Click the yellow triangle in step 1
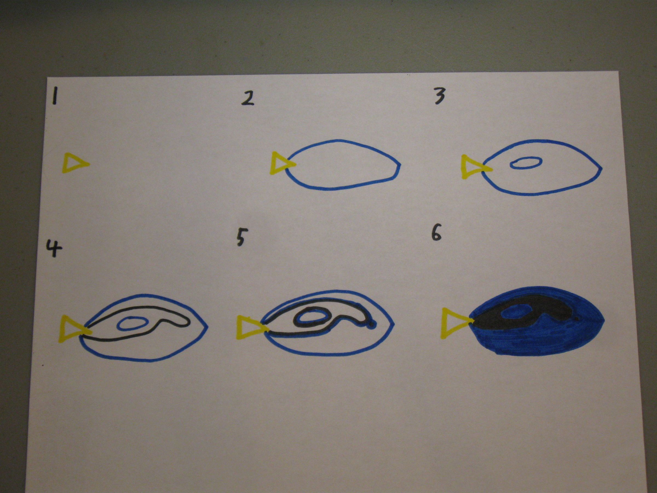click(73, 163)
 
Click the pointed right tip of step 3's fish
click(601, 168)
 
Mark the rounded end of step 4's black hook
click(186, 323)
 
